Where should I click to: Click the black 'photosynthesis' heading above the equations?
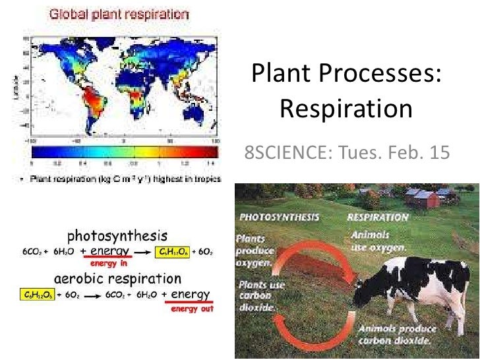pos(117,235)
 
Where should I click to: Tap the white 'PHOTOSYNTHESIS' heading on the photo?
pos(280,217)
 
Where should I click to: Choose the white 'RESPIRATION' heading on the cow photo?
pos(377,217)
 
